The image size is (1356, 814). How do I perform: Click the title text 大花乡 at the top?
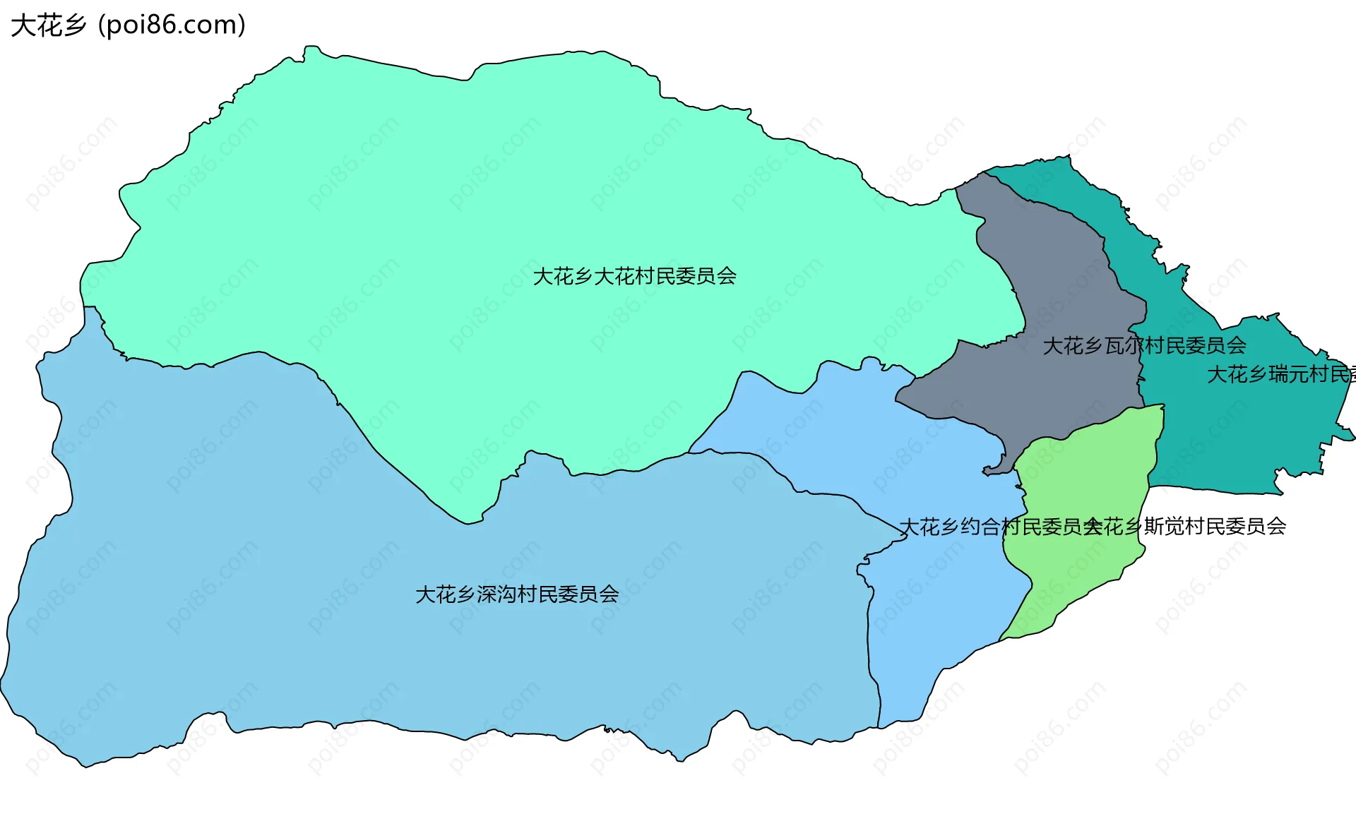tap(48, 25)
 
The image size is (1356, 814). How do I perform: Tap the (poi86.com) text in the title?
tap(172, 25)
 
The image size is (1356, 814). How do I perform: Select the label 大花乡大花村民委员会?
tap(634, 276)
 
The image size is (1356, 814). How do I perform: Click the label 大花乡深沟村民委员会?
tap(517, 594)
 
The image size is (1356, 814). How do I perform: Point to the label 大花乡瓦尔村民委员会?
tap(1144, 346)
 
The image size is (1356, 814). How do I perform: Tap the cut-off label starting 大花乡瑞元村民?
tap(1280, 374)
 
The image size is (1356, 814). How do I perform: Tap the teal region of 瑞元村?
tap(1243, 438)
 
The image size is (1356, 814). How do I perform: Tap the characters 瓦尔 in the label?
tap(1124, 346)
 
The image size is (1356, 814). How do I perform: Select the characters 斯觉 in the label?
tap(1164, 527)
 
